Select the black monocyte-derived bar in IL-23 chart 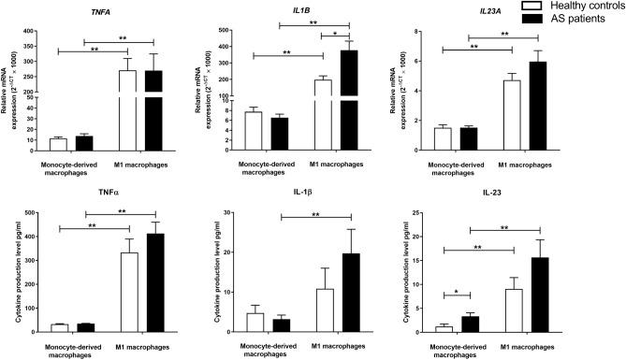pos(472,324)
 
